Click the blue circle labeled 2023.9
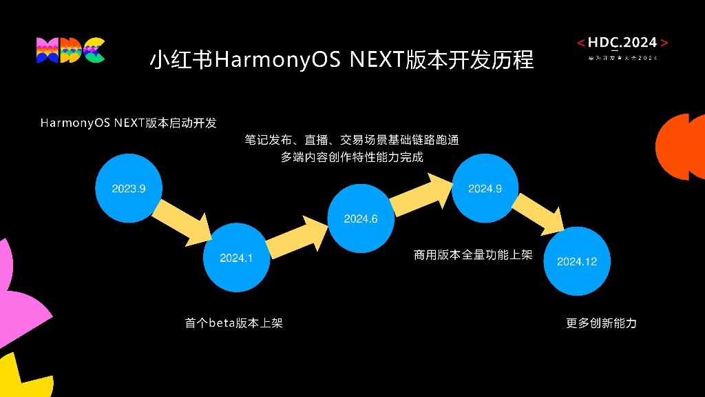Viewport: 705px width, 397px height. (x=129, y=189)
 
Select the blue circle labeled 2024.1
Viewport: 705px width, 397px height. (x=237, y=258)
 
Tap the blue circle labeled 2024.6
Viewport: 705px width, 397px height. (x=361, y=219)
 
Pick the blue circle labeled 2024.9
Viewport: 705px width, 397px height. (x=485, y=189)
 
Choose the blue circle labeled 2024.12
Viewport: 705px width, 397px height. (x=578, y=262)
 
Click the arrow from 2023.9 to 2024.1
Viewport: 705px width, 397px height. (x=181, y=222)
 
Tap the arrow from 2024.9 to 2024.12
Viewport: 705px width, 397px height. (x=538, y=213)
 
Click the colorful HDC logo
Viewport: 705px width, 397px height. (x=70, y=50)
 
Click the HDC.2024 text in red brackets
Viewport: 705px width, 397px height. (x=622, y=43)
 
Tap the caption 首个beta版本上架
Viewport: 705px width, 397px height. (x=233, y=323)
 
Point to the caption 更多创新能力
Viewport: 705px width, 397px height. (x=601, y=323)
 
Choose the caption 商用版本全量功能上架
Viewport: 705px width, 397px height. (x=473, y=255)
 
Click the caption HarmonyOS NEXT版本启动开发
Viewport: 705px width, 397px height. (x=129, y=123)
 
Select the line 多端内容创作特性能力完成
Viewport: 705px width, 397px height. (x=352, y=157)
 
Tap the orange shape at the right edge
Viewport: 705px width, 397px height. (x=682, y=147)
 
